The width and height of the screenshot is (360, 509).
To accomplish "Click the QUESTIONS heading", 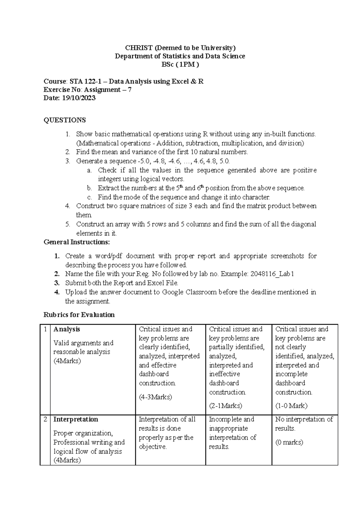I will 64,120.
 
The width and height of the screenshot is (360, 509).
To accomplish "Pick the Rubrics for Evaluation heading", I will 79,315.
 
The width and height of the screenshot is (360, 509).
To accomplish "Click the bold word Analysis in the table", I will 67,329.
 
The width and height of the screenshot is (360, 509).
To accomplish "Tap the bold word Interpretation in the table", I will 76,419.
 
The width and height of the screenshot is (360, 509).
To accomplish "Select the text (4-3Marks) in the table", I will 155,397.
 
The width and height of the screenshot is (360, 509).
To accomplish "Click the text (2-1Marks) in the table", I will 225,406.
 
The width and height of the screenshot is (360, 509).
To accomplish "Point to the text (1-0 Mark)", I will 291,406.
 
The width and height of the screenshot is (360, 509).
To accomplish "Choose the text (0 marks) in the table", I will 289,442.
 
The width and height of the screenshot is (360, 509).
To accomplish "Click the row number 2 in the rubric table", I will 45,419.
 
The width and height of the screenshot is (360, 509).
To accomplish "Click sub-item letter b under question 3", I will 89,188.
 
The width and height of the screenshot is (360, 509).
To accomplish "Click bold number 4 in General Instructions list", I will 57,292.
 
